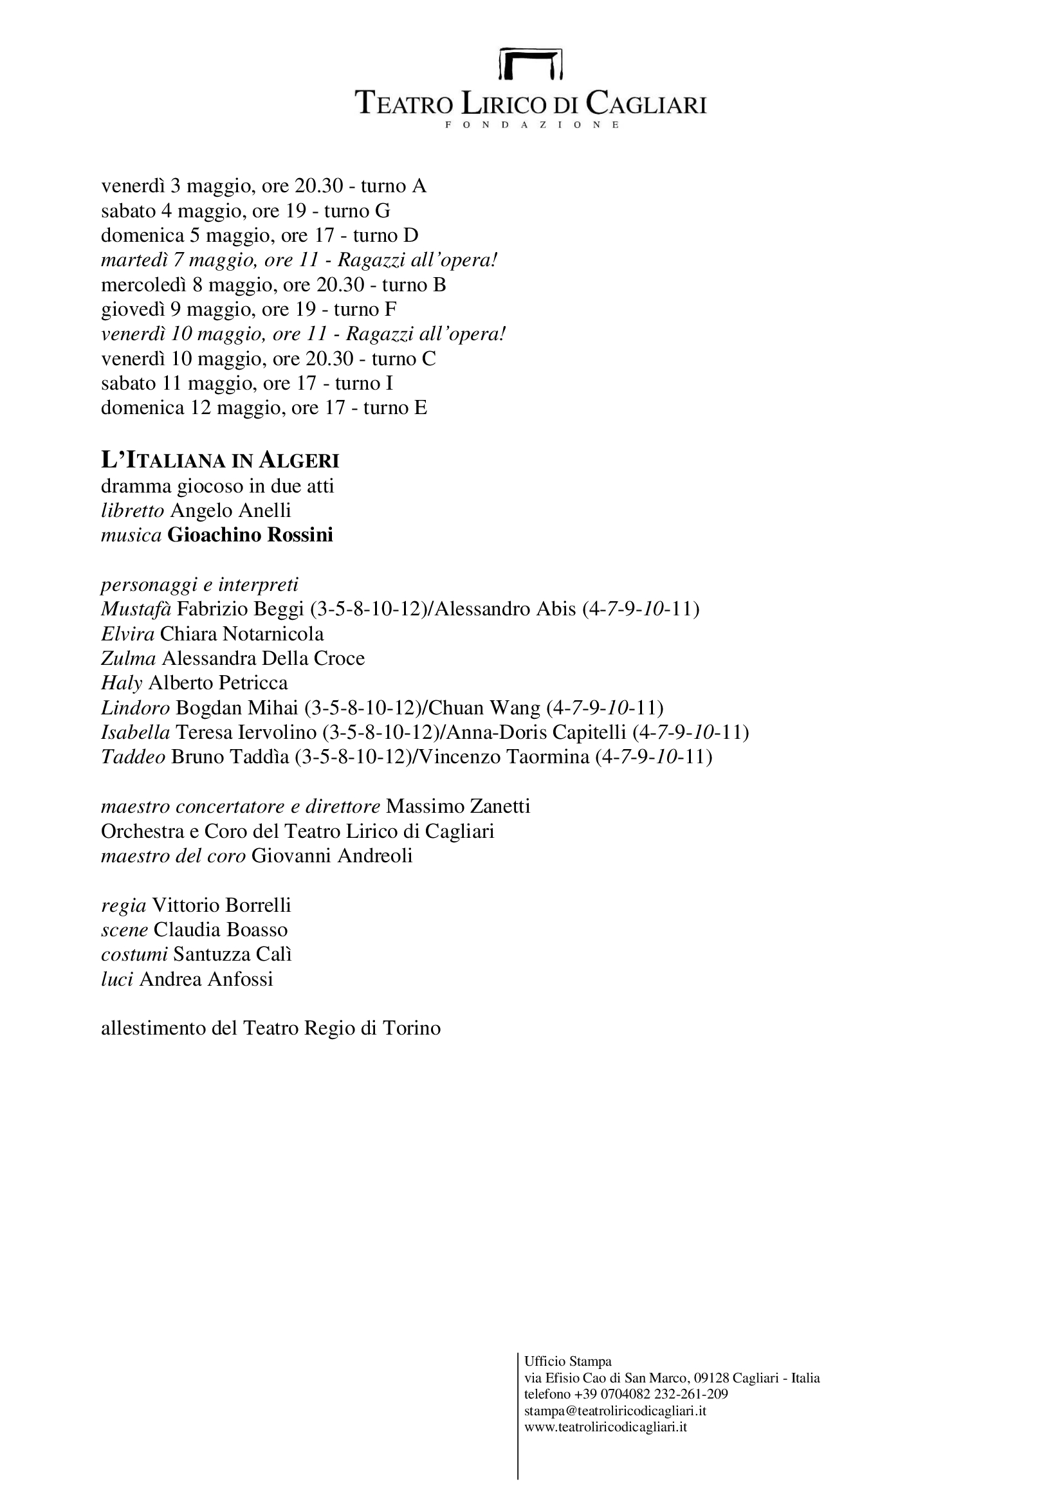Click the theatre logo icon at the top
click(x=531, y=64)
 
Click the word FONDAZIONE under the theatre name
click(x=531, y=125)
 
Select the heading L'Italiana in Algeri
click(x=220, y=460)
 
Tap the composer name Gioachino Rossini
click(x=250, y=535)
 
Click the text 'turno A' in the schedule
click(x=394, y=186)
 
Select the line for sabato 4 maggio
click(x=246, y=211)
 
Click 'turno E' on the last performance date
click(x=395, y=408)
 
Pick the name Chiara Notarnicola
click(x=242, y=634)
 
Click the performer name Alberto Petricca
click(x=218, y=684)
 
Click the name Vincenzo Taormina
click(x=504, y=757)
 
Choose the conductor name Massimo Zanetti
click(x=458, y=806)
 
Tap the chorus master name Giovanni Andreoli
click(x=332, y=855)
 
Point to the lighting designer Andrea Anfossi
click(x=206, y=979)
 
